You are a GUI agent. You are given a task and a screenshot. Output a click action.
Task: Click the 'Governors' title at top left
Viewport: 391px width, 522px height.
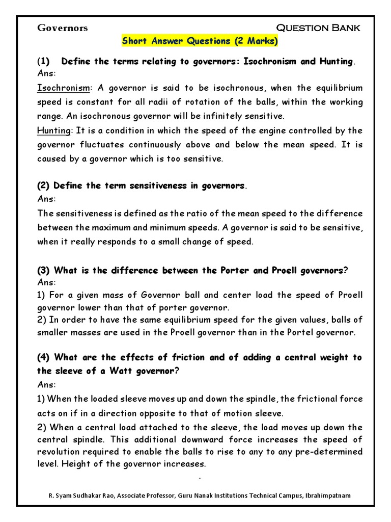(x=62, y=28)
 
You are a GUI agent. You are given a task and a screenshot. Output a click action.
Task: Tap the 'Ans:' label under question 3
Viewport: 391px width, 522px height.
(x=47, y=282)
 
